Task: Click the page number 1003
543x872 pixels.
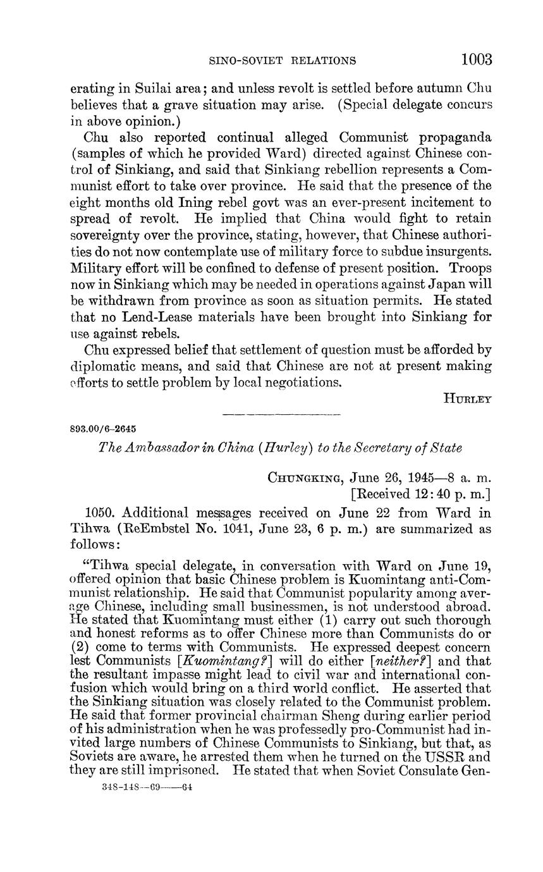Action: (x=476, y=59)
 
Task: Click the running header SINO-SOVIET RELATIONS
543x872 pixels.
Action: (x=282, y=61)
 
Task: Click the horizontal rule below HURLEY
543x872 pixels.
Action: (x=282, y=415)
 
